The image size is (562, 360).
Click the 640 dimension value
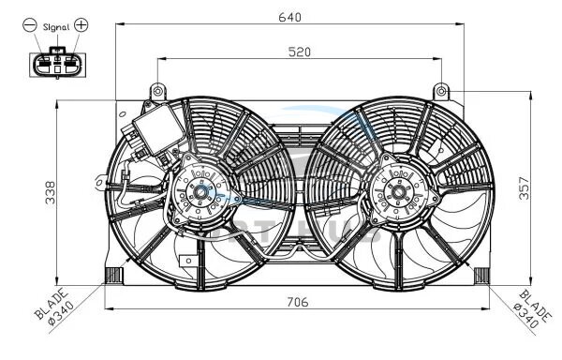coord(289,17)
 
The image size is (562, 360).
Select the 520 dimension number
coord(300,52)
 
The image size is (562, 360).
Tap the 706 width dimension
coord(298,302)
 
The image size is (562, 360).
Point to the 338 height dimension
coord(51,192)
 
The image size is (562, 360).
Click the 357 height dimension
coord(524,187)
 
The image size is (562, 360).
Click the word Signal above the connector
coord(56,27)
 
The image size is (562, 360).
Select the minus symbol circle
coord(30,25)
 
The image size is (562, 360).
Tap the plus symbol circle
coord(81,24)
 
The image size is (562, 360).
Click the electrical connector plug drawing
coord(58,64)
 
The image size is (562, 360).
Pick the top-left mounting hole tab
coord(157,92)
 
